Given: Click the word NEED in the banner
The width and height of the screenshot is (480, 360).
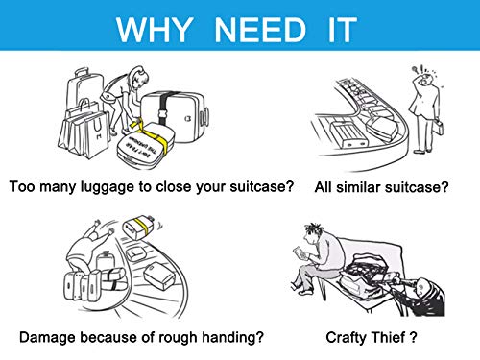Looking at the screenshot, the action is [260, 30].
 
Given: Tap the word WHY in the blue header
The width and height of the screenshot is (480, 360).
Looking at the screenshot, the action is [155, 30].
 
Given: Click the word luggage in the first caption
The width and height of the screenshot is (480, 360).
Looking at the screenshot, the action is [108, 187].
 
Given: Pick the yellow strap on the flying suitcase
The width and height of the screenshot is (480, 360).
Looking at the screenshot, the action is [141, 228].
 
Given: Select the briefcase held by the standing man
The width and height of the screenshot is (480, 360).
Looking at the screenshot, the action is [439, 127].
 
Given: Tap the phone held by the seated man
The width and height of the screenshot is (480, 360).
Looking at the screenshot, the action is [300, 252].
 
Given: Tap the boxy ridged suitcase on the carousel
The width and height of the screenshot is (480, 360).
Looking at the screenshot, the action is [348, 134].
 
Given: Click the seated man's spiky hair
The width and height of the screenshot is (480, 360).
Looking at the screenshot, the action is [313, 228].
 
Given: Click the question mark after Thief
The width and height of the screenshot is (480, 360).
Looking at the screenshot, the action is [413, 337].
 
